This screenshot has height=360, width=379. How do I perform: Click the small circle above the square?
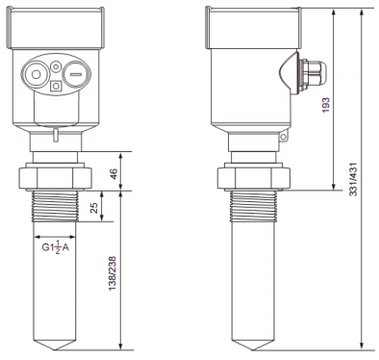coord(57,71)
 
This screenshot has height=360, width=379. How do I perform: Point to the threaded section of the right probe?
coord(255,207)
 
